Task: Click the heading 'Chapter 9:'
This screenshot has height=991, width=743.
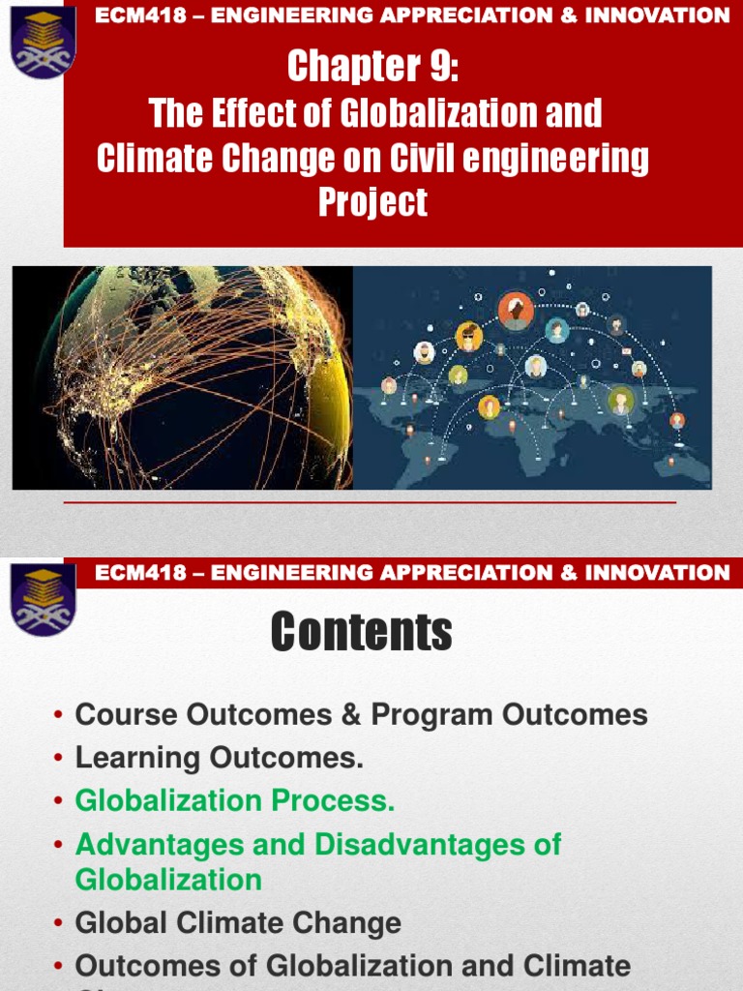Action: click(372, 67)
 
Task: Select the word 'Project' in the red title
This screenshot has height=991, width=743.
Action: click(372, 202)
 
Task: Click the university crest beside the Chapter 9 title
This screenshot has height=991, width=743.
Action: click(43, 40)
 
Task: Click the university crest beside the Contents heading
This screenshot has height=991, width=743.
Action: click(43, 600)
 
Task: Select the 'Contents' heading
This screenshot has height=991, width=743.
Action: click(362, 633)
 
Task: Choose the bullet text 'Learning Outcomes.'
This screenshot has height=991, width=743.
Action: click(220, 758)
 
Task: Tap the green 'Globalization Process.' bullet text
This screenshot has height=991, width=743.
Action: click(235, 800)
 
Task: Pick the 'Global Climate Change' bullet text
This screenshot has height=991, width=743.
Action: click(238, 922)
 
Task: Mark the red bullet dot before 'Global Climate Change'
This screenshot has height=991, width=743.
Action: click(60, 923)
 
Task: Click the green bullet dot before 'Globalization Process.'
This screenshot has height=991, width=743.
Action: click(60, 801)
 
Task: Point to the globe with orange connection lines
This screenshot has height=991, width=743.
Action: click(184, 377)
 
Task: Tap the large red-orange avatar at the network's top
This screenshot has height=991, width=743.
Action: click(516, 310)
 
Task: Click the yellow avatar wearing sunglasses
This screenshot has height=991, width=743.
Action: click(469, 338)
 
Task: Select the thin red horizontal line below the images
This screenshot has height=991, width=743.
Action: click(371, 503)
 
